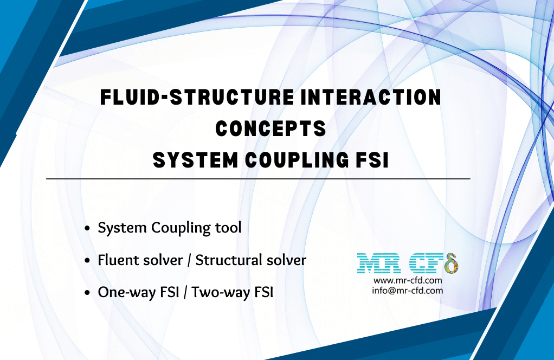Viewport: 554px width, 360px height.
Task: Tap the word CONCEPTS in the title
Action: click(x=270, y=128)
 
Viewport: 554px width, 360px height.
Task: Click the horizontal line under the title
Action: click(x=258, y=178)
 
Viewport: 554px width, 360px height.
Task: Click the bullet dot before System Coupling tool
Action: click(x=87, y=229)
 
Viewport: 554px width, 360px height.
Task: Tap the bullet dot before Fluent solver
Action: click(x=87, y=261)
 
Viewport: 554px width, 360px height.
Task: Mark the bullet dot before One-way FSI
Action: click(x=87, y=294)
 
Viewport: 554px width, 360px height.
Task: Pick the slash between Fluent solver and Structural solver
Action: click(x=189, y=261)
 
